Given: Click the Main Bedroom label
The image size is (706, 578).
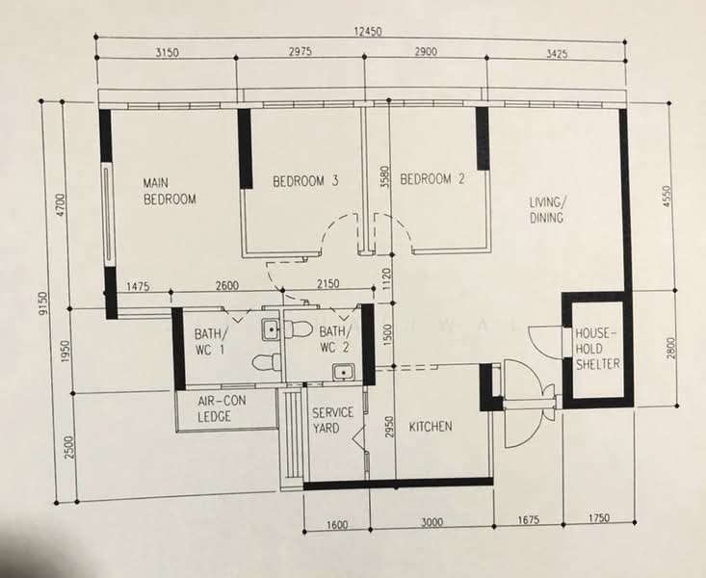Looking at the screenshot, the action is click(x=170, y=191).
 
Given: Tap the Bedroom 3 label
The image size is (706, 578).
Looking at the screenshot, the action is click(x=305, y=181).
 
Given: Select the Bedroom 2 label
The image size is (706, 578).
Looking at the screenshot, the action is click(x=432, y=179).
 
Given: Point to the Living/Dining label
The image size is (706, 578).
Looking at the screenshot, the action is click(x=546, y=210).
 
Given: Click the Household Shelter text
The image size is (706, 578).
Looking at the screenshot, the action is click(x=597, y=349).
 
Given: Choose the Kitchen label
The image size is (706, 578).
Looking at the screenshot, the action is click(x=431, y=426).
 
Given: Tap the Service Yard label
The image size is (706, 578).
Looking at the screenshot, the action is click(x=332, y=420).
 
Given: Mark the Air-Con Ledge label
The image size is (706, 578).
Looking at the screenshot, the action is click(x=222, y=408).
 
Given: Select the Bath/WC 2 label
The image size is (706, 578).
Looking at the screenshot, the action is click(x=334, y=340).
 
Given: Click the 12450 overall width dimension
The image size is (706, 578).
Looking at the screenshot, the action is click(x=368, y=32).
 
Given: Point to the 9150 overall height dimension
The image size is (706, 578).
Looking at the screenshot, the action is click(x=42, y=303).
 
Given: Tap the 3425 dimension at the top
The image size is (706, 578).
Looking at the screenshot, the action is click(x=557, y=54).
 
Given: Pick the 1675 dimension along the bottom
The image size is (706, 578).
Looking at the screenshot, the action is click(x=528, y=520).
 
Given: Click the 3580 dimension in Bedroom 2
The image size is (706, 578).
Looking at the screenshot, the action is click(x=385, y=177).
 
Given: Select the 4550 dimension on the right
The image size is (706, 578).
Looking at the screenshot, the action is click(x=667, y=197).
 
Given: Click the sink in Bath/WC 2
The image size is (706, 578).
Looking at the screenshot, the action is click(x=344, y=372).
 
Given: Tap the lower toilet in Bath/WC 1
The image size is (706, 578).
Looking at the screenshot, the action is click(x=266, y=362).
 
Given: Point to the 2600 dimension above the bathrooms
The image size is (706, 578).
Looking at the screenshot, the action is click(x=227, y=285).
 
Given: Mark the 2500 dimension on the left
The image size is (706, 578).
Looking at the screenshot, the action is click(x=69, y=447).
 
